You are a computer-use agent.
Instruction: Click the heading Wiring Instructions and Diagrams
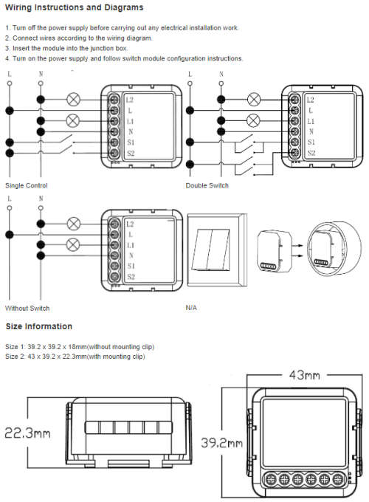(75, 7)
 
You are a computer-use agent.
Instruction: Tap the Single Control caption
(27, 186)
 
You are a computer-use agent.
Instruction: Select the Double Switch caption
(207, 186)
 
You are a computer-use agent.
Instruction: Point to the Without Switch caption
(27, 309)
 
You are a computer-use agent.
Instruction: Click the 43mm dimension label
(304, 375)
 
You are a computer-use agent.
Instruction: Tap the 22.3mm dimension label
(27, 433)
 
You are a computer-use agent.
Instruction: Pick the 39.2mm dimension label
(221, 443)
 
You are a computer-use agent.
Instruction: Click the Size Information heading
(38, 326)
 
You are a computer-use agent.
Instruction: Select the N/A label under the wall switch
(191, 308)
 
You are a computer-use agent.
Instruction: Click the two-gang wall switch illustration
(217, 250)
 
